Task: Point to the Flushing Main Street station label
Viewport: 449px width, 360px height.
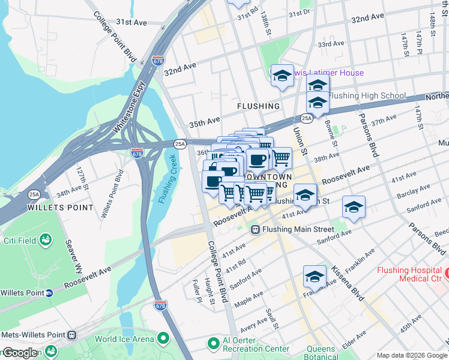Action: (x=300, y=229)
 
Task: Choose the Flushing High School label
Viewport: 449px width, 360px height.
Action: (x=367, y=96)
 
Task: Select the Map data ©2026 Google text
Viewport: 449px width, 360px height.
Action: (x=412, y=355)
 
